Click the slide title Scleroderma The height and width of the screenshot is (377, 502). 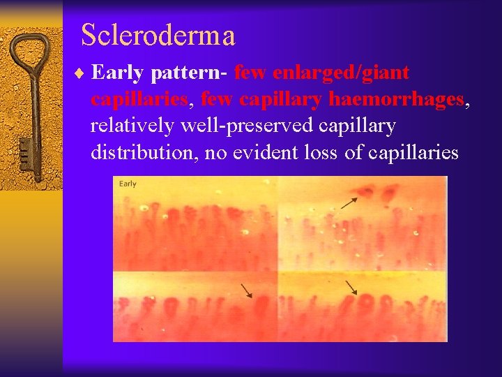[158, 35]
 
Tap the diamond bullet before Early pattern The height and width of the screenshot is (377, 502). [82, 73]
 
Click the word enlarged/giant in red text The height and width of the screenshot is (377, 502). [341, 73]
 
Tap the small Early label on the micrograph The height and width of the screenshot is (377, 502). [128, 184]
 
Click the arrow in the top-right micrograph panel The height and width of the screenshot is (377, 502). [349, 202]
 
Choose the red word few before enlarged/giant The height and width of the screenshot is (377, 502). [252, 73]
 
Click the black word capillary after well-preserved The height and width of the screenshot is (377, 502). [357, 126]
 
